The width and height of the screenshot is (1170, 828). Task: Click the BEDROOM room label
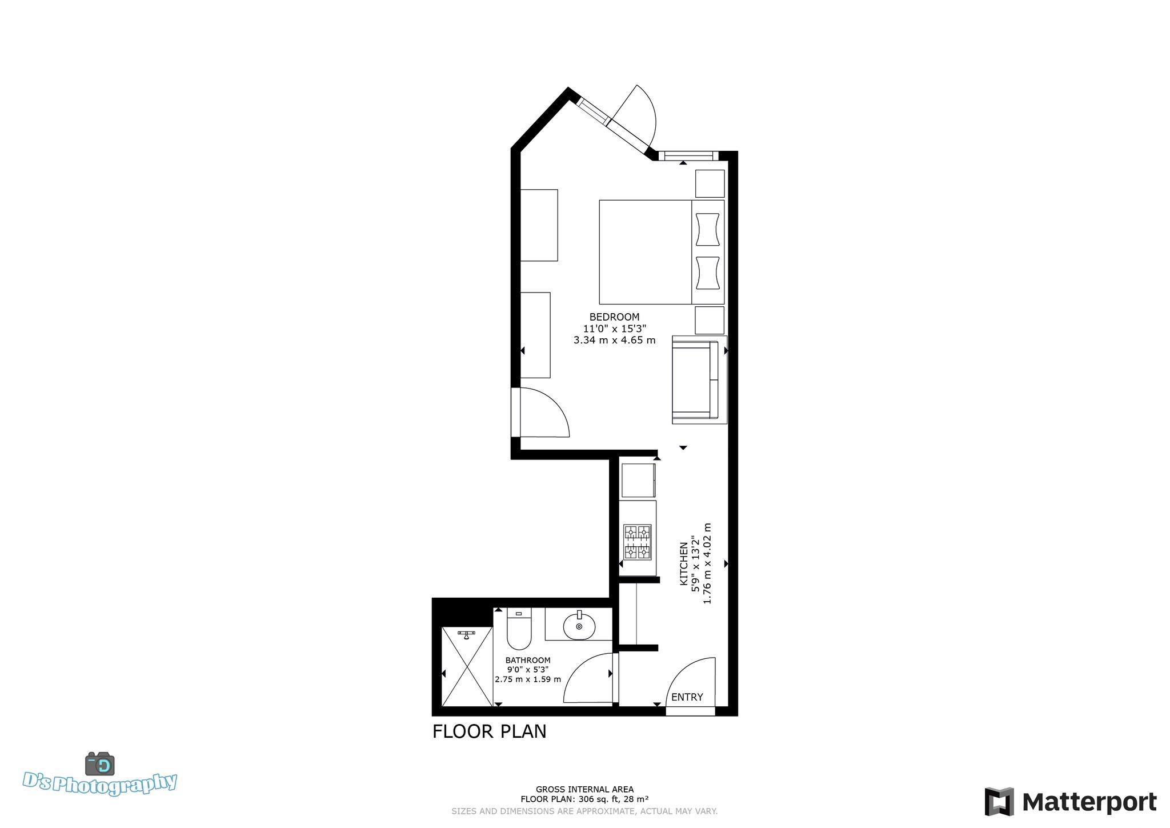point(615,317)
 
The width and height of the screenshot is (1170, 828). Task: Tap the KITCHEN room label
point(683,563)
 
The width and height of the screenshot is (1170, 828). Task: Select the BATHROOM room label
point(528,660)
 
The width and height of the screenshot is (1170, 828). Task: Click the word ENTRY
point(687,697)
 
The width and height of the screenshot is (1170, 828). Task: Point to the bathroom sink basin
point(579,626)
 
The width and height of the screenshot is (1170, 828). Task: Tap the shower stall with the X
point(467,667)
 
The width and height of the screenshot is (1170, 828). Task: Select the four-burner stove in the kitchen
point(637,541)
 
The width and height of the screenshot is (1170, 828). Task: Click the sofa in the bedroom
point(699,380)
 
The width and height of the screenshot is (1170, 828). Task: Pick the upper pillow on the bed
point(708,230)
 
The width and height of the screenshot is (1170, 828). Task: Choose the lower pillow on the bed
point(708,273)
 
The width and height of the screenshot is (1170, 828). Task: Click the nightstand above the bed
point(710,183)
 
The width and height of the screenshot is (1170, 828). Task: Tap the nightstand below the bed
point(710,321)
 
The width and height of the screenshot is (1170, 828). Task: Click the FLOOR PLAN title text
point(490,732)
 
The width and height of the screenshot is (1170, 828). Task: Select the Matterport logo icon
point(999,802)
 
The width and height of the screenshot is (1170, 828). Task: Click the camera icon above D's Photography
point(100,763)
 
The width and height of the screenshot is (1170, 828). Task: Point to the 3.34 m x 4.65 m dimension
point(615,341)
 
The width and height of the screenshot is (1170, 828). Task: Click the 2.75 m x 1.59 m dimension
point(528,679)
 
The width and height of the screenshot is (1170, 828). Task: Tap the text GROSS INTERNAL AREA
point(584,790)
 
